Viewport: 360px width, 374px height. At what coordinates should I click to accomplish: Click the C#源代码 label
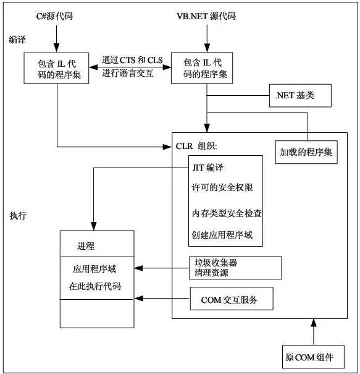(54, 17)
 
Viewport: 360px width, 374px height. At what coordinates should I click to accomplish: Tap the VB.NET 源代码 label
(206, 17)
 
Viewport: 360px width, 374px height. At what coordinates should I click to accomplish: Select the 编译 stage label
(17, 40)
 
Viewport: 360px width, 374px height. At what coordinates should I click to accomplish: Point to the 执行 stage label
(18, 216)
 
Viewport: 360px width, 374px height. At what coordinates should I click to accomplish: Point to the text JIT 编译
(208, 168)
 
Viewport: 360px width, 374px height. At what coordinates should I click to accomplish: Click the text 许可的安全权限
(222, 187)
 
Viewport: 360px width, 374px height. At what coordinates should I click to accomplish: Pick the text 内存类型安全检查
(227, 213)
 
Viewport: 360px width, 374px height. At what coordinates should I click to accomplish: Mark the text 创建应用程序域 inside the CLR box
(222, 235)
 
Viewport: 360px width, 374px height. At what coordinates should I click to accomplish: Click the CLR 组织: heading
(196, 146)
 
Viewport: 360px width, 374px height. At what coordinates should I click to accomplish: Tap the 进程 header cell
(97, 244)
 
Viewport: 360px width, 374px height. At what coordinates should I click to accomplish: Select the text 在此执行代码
(95, 286)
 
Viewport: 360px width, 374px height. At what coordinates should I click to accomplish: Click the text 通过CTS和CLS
(132, 60)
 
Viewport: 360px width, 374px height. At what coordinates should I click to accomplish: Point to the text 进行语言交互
(128, 73)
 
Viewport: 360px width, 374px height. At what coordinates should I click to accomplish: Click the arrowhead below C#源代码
(56, 48)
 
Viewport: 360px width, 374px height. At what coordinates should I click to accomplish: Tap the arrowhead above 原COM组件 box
(314, 323)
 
